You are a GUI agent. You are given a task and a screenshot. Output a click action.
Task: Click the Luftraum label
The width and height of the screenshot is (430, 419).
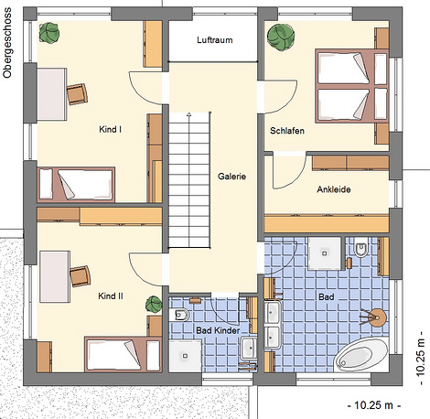(215, 40)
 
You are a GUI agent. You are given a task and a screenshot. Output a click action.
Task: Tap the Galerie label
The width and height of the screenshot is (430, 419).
(231, 177)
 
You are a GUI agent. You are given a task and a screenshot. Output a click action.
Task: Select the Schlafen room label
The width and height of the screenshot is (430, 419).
(287, 131)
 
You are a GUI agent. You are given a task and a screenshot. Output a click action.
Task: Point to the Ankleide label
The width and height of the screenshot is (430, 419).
(334, 189)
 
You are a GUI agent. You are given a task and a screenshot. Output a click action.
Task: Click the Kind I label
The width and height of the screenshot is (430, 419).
(111, 129)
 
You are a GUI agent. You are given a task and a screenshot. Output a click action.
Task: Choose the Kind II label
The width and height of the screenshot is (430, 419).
(111, 295)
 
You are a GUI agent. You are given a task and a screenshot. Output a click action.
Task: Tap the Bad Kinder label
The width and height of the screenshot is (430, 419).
(218, 330)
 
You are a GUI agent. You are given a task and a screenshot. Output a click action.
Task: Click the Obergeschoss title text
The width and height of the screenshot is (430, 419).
(7, 43)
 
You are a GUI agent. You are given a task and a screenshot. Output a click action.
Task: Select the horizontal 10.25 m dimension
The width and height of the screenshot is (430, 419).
(374, 405)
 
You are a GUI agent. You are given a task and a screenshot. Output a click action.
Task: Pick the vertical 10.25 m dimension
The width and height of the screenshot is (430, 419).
(420, 358)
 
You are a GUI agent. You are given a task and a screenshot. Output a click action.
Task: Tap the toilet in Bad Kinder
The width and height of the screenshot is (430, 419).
(180, 315)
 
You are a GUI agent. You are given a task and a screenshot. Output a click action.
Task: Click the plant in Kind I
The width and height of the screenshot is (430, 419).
(49, 32)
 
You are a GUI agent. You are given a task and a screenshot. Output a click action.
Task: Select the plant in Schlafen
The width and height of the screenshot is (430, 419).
(281, 36)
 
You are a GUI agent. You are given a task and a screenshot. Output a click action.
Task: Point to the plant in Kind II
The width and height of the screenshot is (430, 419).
(154, 305)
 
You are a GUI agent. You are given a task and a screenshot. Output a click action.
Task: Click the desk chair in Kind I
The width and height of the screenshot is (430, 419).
(77, 94)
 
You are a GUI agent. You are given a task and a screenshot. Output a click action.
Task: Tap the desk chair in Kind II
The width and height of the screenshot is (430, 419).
(81, 276)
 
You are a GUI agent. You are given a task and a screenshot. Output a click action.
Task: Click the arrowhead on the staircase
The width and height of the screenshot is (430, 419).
(188, 114)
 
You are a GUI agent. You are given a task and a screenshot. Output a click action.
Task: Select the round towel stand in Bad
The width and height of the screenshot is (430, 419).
(375, 317)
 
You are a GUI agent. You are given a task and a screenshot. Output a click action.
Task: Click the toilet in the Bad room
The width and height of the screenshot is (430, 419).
(361, 249)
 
